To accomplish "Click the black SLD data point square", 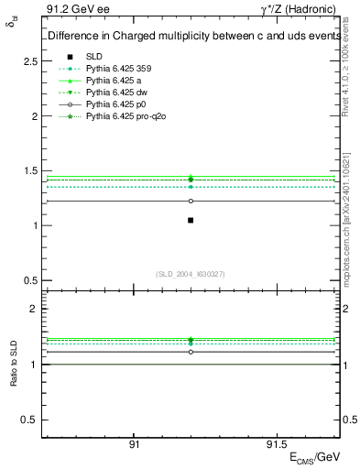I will point(191,220).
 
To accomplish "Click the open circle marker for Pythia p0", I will point(191,201).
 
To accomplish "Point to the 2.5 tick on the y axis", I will point(29,61).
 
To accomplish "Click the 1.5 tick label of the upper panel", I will point(29,171).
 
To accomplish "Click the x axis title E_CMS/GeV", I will point(316,456).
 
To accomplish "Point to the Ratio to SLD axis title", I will point(14,364).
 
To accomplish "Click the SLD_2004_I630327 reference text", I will point(191,273).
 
